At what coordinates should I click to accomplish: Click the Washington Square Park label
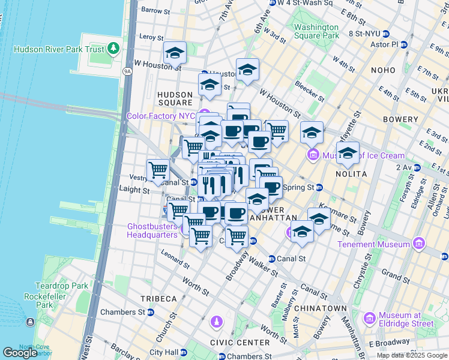tap(316, 31)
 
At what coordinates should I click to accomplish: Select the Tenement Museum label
tap(373, 244)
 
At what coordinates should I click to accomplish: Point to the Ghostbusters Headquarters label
tap(152, 230)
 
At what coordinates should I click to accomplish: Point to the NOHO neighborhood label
tap(383, 70)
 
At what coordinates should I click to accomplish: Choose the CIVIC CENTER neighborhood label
tap(244, 343)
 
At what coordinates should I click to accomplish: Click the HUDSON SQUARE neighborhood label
tap(175, 98)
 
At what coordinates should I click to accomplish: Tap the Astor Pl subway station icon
tap(405, 44)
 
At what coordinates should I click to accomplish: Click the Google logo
tap(20, 353)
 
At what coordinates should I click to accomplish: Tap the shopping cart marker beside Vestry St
tap(158, 170)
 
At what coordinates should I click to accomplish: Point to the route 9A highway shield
tap(127, 71)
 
